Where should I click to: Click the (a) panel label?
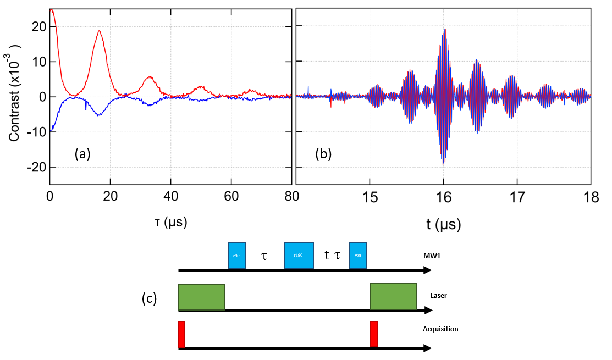click(82, 154)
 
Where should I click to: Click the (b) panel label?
click(323, 154)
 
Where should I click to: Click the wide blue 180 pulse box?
click(299, 255)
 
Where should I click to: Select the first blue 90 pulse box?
click(237, 256)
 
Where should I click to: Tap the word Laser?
click(439, 296)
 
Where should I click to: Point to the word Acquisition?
click(440, 329)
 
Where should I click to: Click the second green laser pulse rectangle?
click(393, 297)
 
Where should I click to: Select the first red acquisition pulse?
click(181, 334)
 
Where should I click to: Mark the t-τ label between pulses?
click(332, 255)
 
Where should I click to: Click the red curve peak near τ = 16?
click(99, 31)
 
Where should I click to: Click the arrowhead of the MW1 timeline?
click(427, 270)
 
